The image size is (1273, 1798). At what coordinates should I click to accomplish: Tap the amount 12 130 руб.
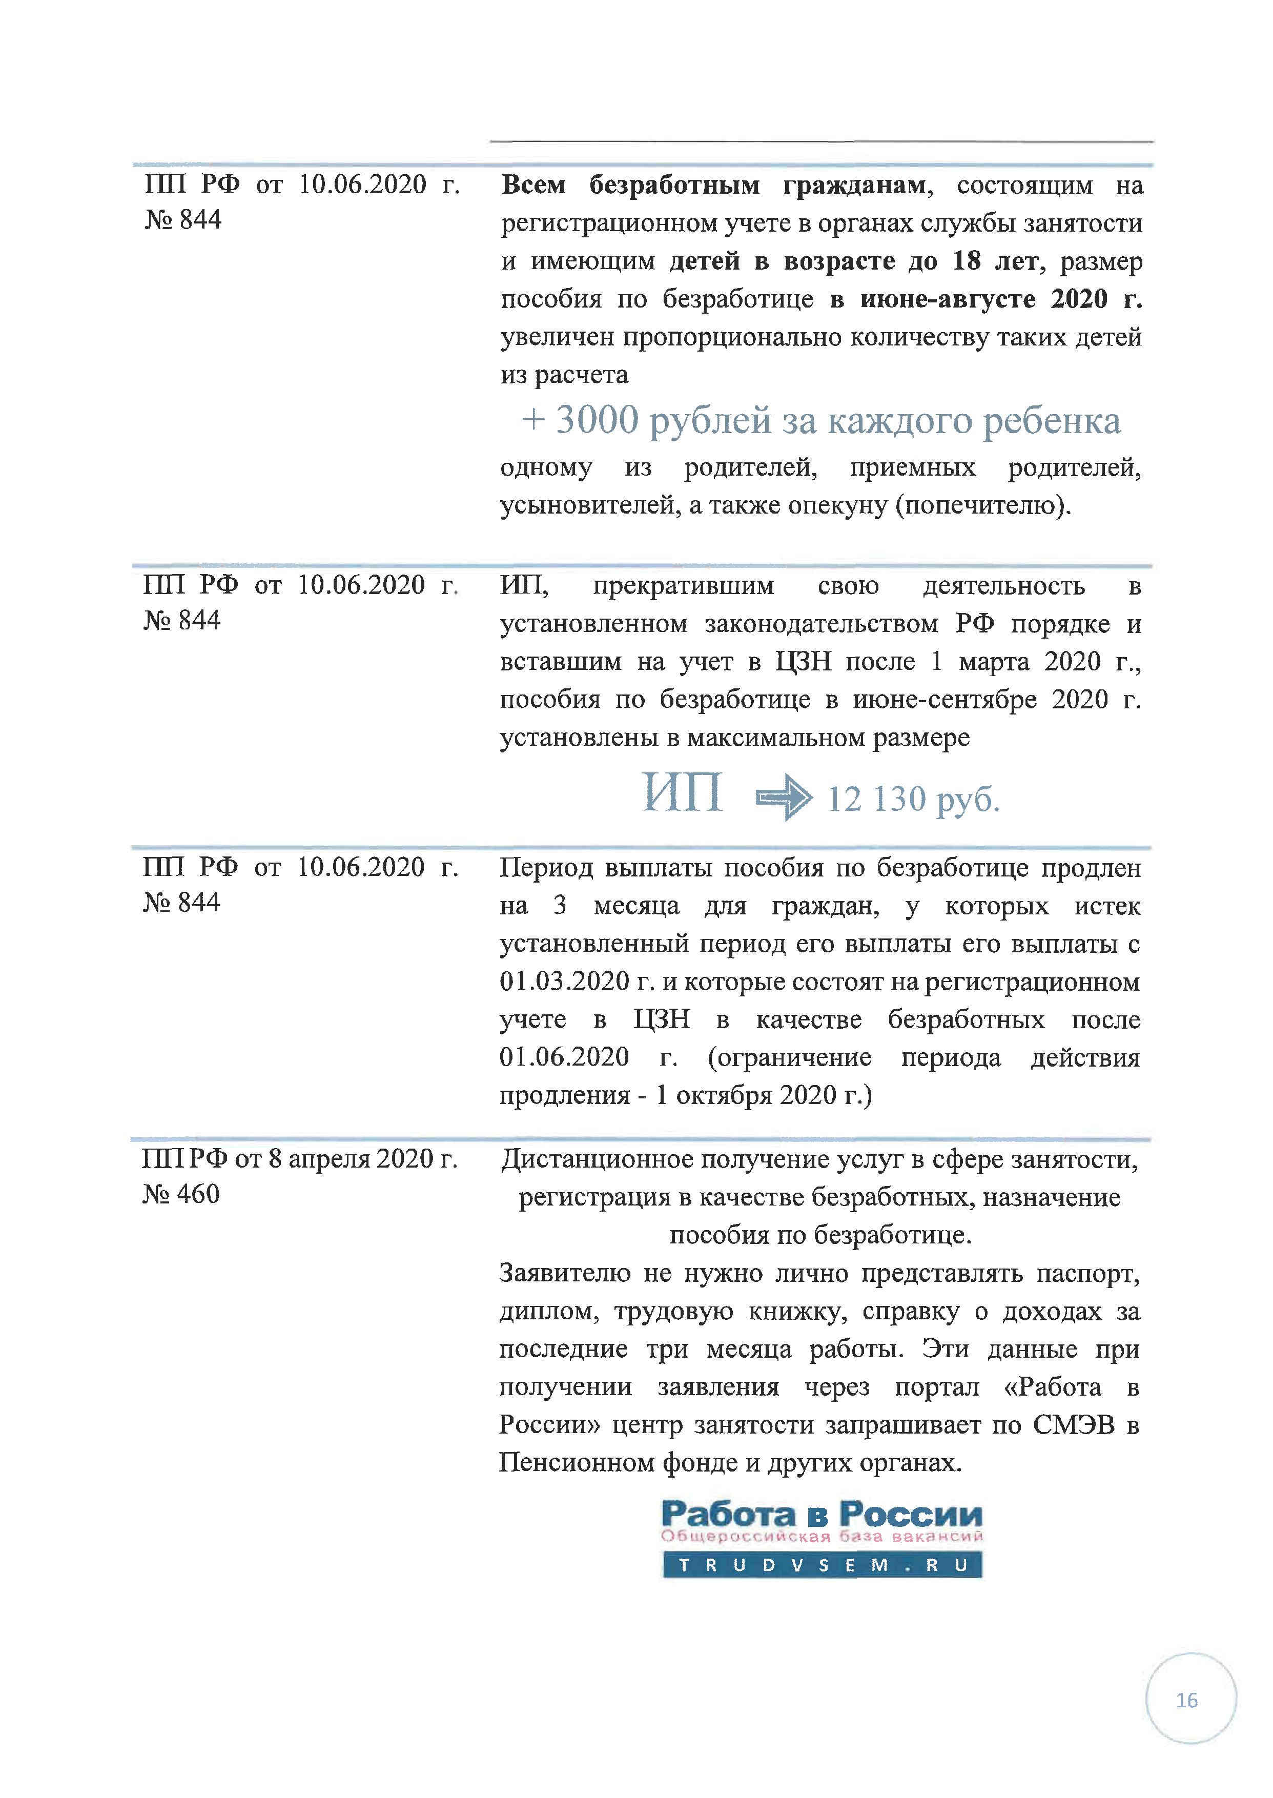(913, 800)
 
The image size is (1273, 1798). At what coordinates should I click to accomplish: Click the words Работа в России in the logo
(822, 1514)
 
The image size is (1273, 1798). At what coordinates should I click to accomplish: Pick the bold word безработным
(674, 185)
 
